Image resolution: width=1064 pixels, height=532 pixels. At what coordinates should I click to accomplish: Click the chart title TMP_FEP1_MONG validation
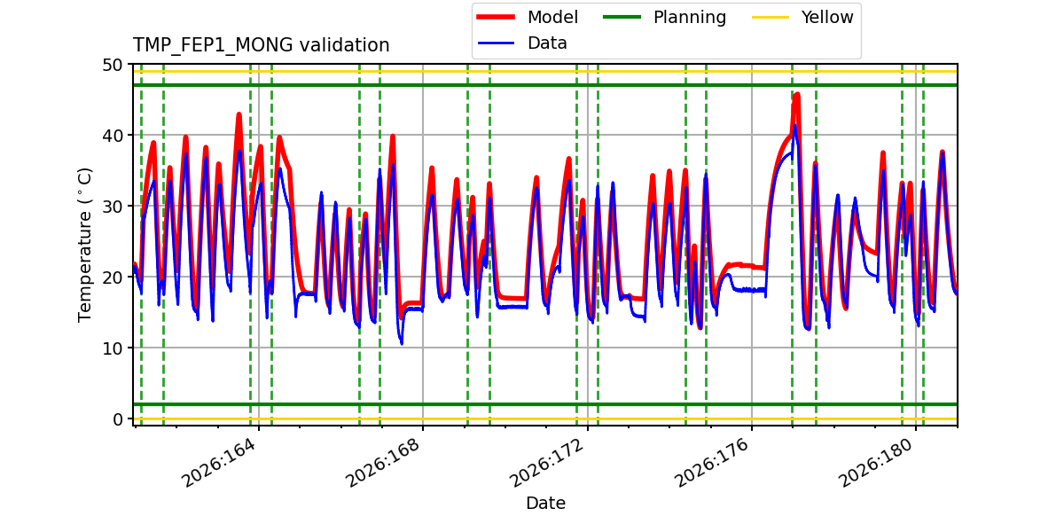pyautogui.click(x=261, y=45)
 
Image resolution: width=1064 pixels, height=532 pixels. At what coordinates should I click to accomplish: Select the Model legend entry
pyautogui.click(x=528, y=17)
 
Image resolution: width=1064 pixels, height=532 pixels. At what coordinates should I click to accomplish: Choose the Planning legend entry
pyautogui.click(x=664, y=17)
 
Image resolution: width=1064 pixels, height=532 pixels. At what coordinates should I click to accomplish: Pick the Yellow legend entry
pyautogui.click(x=802, y=17)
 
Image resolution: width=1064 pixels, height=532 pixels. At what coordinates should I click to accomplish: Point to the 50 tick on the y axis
pyautogui.click(x=112, y=65)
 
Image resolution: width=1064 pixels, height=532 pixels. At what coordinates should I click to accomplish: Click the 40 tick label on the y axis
pyautogui.click(x=112, y=136)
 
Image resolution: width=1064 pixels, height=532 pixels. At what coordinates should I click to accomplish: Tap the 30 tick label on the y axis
pyautogui.click(x=112, y=207)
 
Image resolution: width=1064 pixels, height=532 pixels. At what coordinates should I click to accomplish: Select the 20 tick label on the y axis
pyautogui.click(x=112, y=278)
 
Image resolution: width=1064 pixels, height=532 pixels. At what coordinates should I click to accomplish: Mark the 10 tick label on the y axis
pyautogui.click(x=112, y=348)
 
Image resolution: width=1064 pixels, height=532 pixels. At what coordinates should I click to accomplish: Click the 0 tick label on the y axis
pyautogui.click(x=118, y=419)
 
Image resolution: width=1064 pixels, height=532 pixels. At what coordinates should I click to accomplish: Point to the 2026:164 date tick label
pyautogui.click(x=219, y=463)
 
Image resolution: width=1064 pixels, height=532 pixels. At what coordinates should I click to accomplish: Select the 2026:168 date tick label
pyautogui.click(x=383, y=463)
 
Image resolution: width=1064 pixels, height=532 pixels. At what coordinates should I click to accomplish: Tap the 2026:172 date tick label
pyautogui.click(x=548, y=463)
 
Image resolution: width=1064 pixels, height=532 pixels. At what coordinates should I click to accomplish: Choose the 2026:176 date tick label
pyautogui.click(x=712, y=463)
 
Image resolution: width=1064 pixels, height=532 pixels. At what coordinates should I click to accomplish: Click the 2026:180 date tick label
pyautogui.click(x=876, y=463)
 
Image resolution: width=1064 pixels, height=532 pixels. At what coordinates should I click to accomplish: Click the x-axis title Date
pyautogui.click(x=545, y=504)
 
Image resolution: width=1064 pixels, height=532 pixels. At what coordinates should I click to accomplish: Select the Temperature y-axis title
pyautogui.click(x=84, y=245)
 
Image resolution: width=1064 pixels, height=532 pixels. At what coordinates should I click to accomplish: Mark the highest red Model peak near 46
pyautogui.click(x=796, y=95)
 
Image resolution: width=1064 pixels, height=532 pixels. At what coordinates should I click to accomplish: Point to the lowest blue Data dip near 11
pyautogui.click(x=402, y=343)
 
